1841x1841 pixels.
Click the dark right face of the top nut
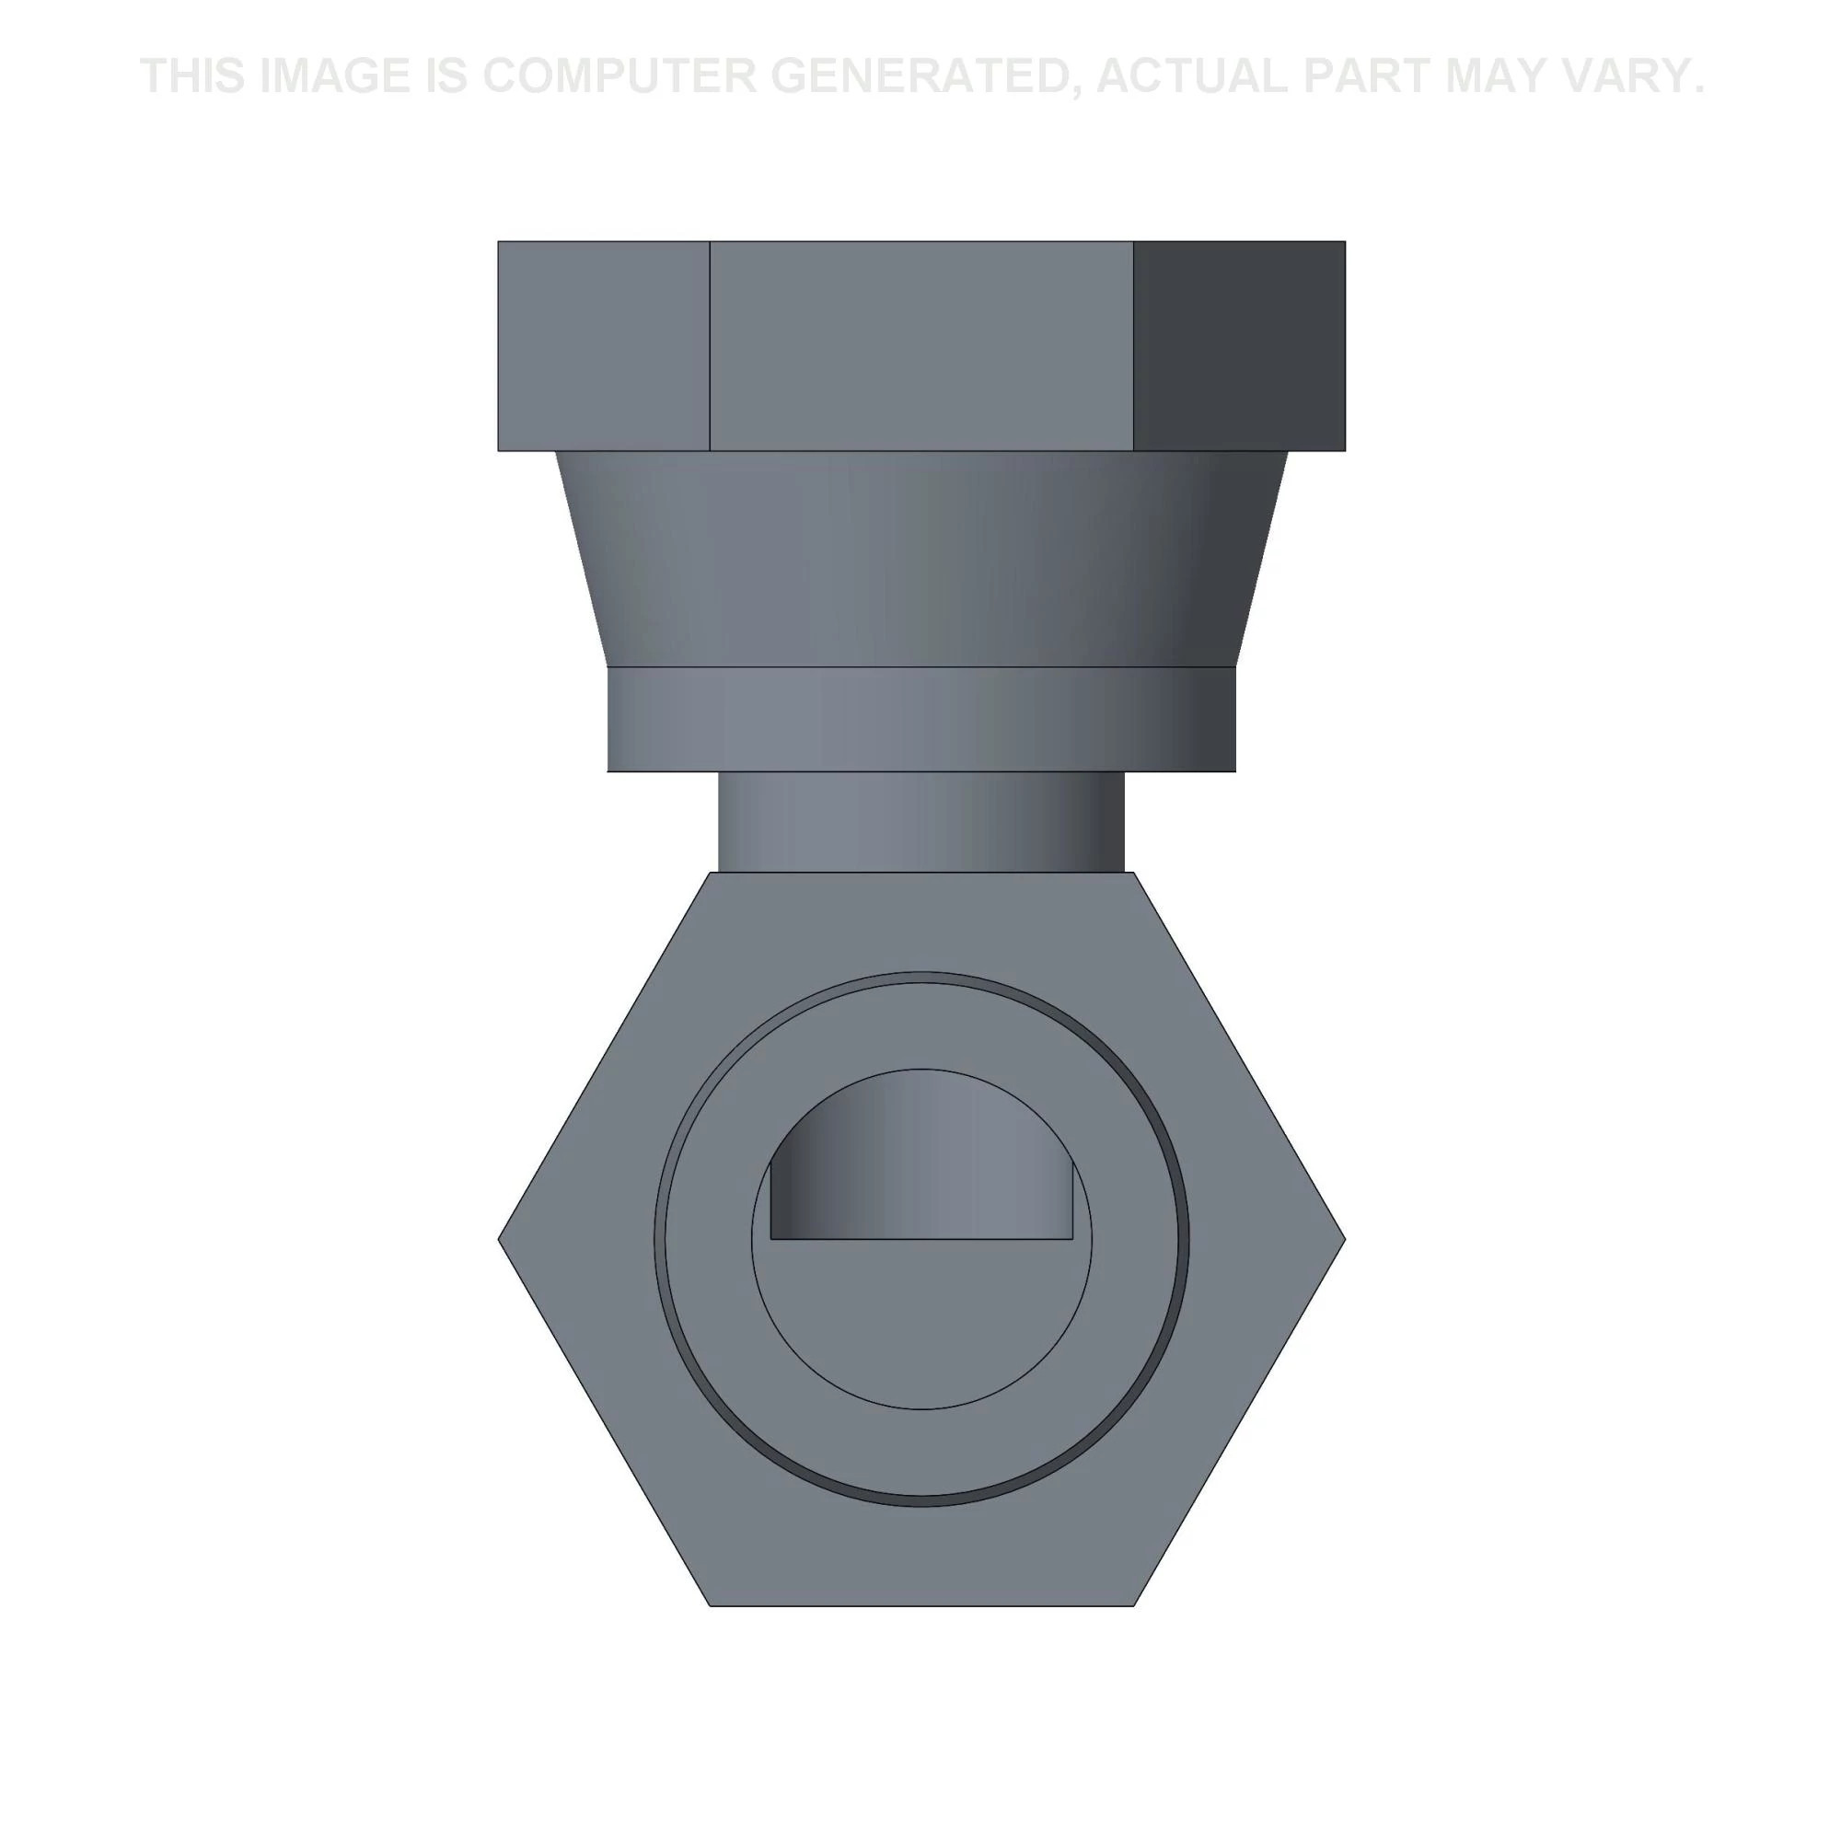click(1239, 346)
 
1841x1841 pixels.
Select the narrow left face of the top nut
click(604, 346)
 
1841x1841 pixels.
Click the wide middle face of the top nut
click(921, 346)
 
